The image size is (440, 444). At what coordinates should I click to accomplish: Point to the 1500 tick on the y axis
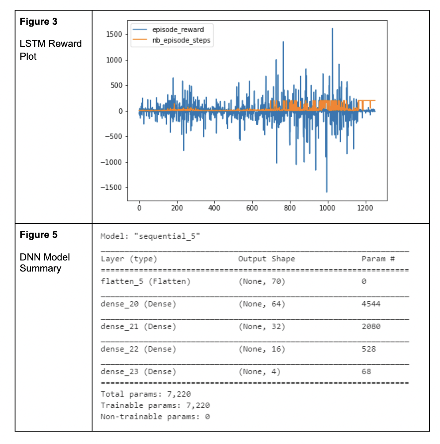[115, 34]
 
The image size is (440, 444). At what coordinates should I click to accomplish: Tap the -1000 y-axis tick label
[112, 162]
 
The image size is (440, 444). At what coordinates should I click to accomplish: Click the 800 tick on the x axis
[290, 208]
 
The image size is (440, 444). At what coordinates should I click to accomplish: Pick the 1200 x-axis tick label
[365, 208]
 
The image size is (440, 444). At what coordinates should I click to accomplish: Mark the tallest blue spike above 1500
[332, 29]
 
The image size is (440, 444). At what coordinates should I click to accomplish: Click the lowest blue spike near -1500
[327, 191]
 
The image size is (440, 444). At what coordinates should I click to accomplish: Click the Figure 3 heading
[39, 22]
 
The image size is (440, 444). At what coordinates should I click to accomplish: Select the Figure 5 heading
[39, 235]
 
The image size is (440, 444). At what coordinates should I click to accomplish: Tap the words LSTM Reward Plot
[50, 50]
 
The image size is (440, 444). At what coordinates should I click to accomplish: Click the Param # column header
[378, 259]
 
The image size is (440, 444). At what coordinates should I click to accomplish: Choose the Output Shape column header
[266, 259]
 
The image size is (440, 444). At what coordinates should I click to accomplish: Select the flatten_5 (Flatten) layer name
[145, 281]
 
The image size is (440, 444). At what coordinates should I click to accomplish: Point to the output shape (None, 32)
[262, 326]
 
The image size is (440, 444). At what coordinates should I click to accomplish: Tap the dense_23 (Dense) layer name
[138, 371]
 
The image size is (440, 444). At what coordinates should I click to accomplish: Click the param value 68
[366, 371]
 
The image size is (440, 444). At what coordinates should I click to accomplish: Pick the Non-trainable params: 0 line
[155, 417]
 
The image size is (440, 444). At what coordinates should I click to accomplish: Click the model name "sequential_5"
[169, 236]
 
